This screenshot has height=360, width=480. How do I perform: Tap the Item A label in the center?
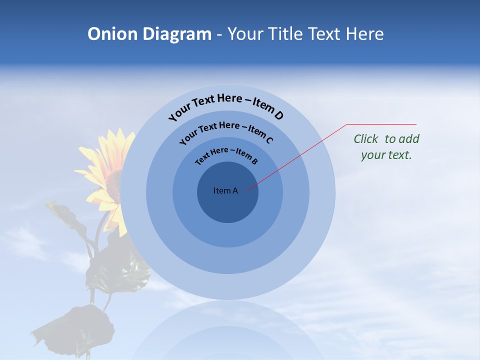225,190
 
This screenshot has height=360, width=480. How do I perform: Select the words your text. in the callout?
386,155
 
